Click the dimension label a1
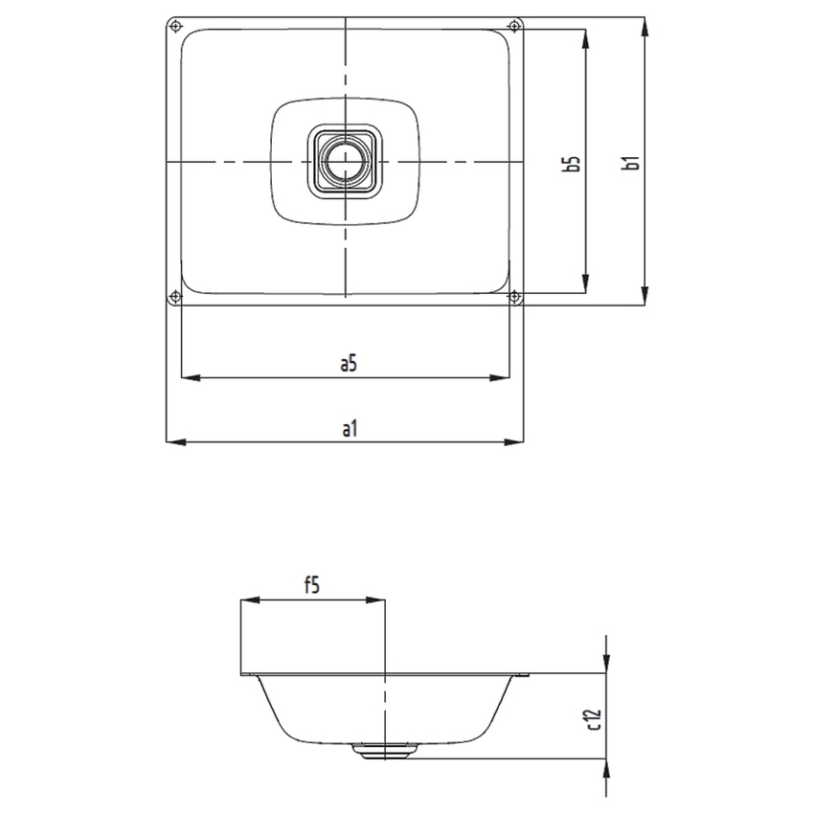(349, 429)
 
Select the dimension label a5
(349, 363)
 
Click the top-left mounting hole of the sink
(173, 25)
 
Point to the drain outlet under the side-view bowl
(384, 751)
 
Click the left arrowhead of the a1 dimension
(173, 441)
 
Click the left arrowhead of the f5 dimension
(245, 600)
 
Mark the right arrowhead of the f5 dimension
(378, 600)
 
